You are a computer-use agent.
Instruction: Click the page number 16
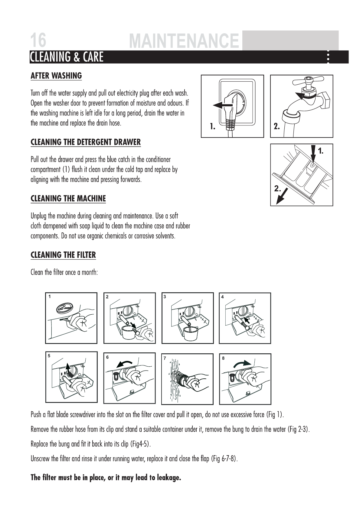(x=38, y=41)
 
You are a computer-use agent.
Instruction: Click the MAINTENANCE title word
(x=184, y=41)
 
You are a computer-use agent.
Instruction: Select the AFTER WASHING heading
(x=56, y=76)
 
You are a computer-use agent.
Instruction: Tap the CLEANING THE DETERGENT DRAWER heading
(x=86, y=142)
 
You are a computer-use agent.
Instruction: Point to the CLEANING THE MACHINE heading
(x=68, y=199)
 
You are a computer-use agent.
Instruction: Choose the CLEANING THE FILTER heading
(x=63, y=255)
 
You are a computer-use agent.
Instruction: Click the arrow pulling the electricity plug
(x=222, y=105)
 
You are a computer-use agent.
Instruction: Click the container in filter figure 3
(x=190, y=333)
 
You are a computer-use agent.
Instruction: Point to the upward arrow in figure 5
(x=69, y=368)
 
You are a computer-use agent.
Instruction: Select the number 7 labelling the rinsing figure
(x=165, y=358)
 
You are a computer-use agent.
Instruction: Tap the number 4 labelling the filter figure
(x=222, y=297)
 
